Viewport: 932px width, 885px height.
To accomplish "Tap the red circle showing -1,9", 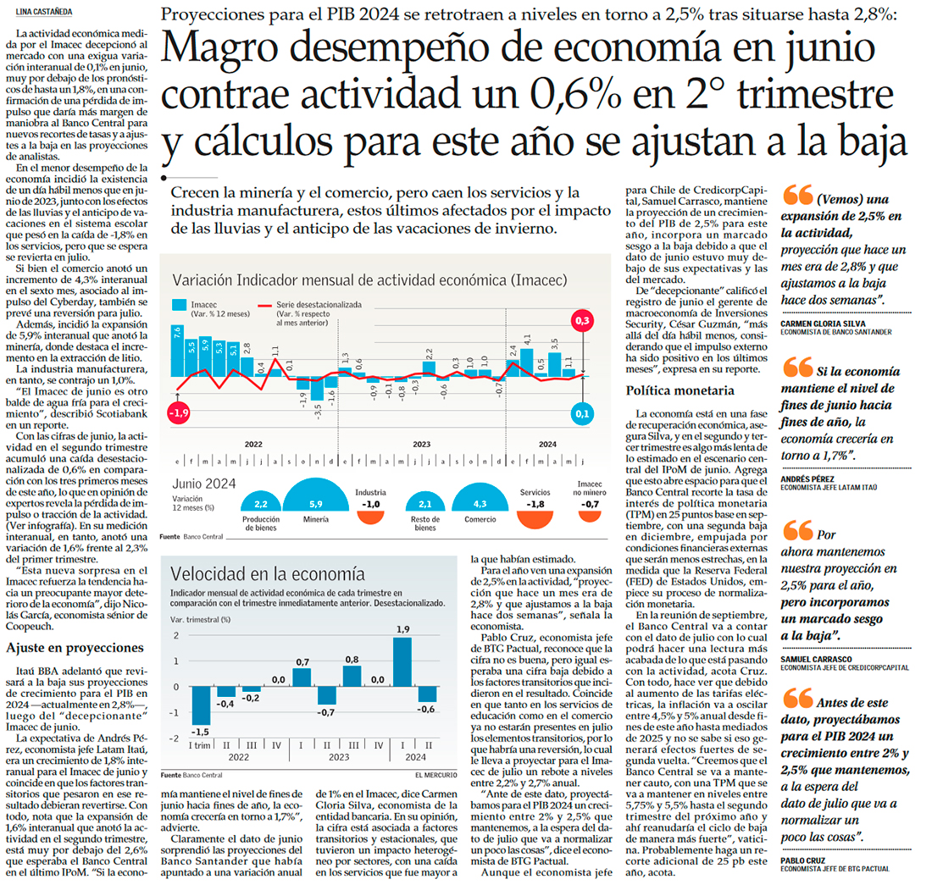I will (179, 413).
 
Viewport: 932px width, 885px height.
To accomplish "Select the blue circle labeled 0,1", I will (581, 414).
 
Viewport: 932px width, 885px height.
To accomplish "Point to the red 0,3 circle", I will (581, 322).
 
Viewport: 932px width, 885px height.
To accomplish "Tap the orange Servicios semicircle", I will (535, 517).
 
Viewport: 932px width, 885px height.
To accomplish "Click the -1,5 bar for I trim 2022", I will (201, 706).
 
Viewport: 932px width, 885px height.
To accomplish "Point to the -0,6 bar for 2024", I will (428, 694).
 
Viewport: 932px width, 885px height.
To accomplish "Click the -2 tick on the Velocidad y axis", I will (175, 739).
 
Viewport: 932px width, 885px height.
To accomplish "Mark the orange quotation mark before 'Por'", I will (797, 531).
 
